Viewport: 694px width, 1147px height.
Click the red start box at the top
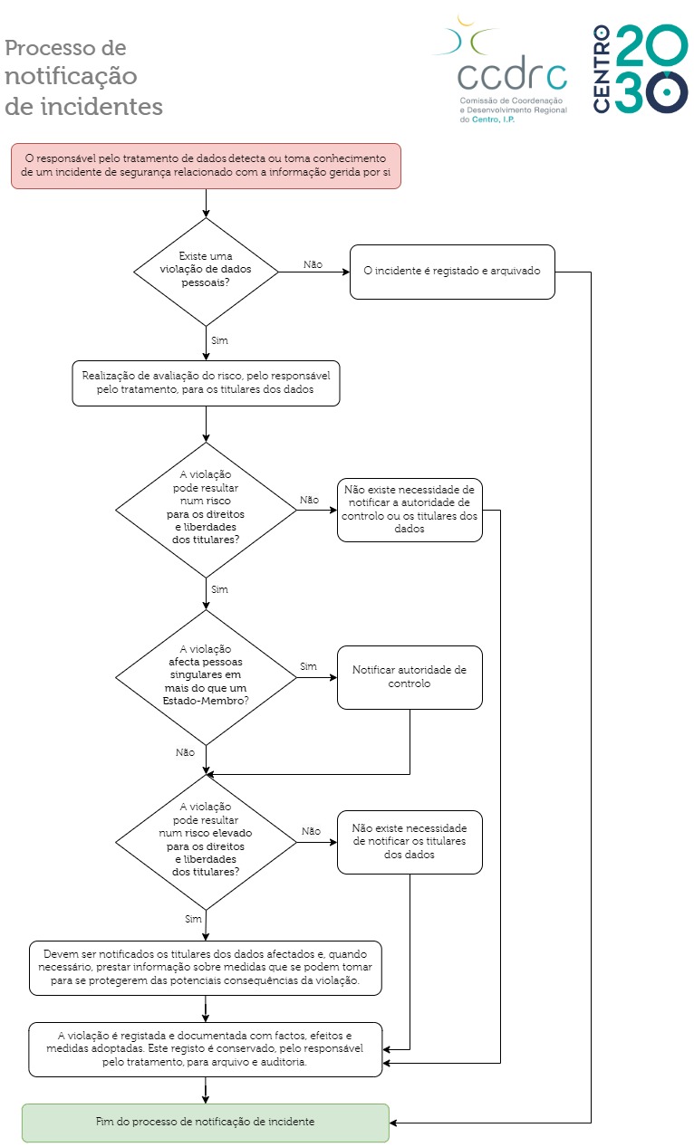206,166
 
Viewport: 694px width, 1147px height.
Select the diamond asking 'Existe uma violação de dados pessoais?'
206,272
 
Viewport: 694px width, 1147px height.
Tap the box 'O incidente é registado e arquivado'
452,272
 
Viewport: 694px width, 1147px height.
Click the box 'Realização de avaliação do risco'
206,383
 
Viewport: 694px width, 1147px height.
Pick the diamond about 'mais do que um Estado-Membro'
206,677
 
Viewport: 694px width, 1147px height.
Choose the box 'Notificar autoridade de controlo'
410,677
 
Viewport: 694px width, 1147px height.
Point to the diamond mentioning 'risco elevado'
206,842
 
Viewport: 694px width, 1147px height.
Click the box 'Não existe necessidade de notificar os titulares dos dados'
410,842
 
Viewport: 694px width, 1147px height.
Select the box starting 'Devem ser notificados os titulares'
206,968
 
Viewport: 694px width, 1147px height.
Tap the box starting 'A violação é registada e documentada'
206,1049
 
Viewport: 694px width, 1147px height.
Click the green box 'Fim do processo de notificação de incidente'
206,1122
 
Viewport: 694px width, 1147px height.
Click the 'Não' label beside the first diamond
313,264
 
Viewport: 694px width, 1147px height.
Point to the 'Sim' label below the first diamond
219,340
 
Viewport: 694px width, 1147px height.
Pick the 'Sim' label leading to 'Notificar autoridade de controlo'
308,666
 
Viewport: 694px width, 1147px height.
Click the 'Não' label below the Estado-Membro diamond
185,752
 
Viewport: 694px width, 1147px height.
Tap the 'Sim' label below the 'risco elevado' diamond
193,919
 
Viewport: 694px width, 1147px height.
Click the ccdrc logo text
512,73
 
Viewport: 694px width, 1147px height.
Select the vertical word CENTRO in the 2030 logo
602,69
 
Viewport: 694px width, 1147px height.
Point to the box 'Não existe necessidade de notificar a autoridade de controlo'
410,510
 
